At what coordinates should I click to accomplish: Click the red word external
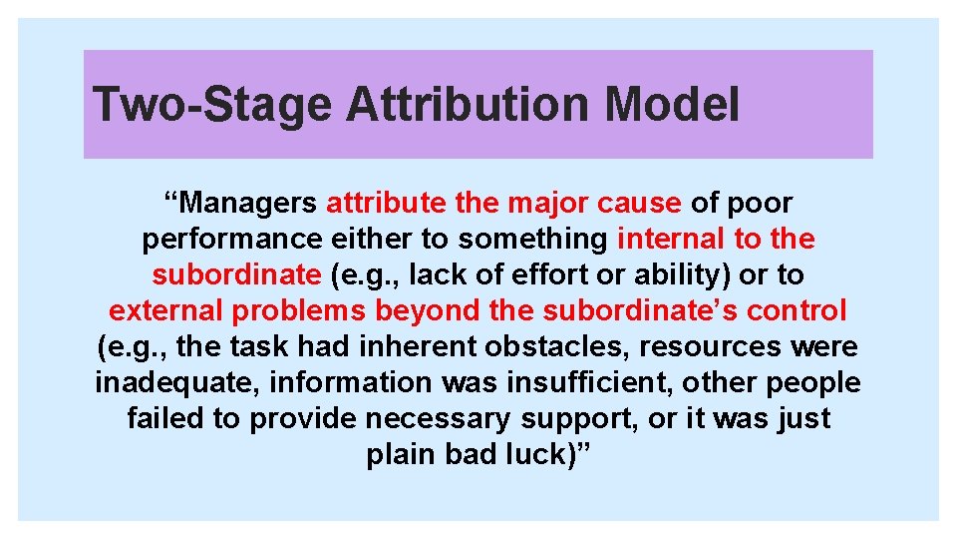pos(167,310)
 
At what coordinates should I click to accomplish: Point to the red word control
pos(798,310)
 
